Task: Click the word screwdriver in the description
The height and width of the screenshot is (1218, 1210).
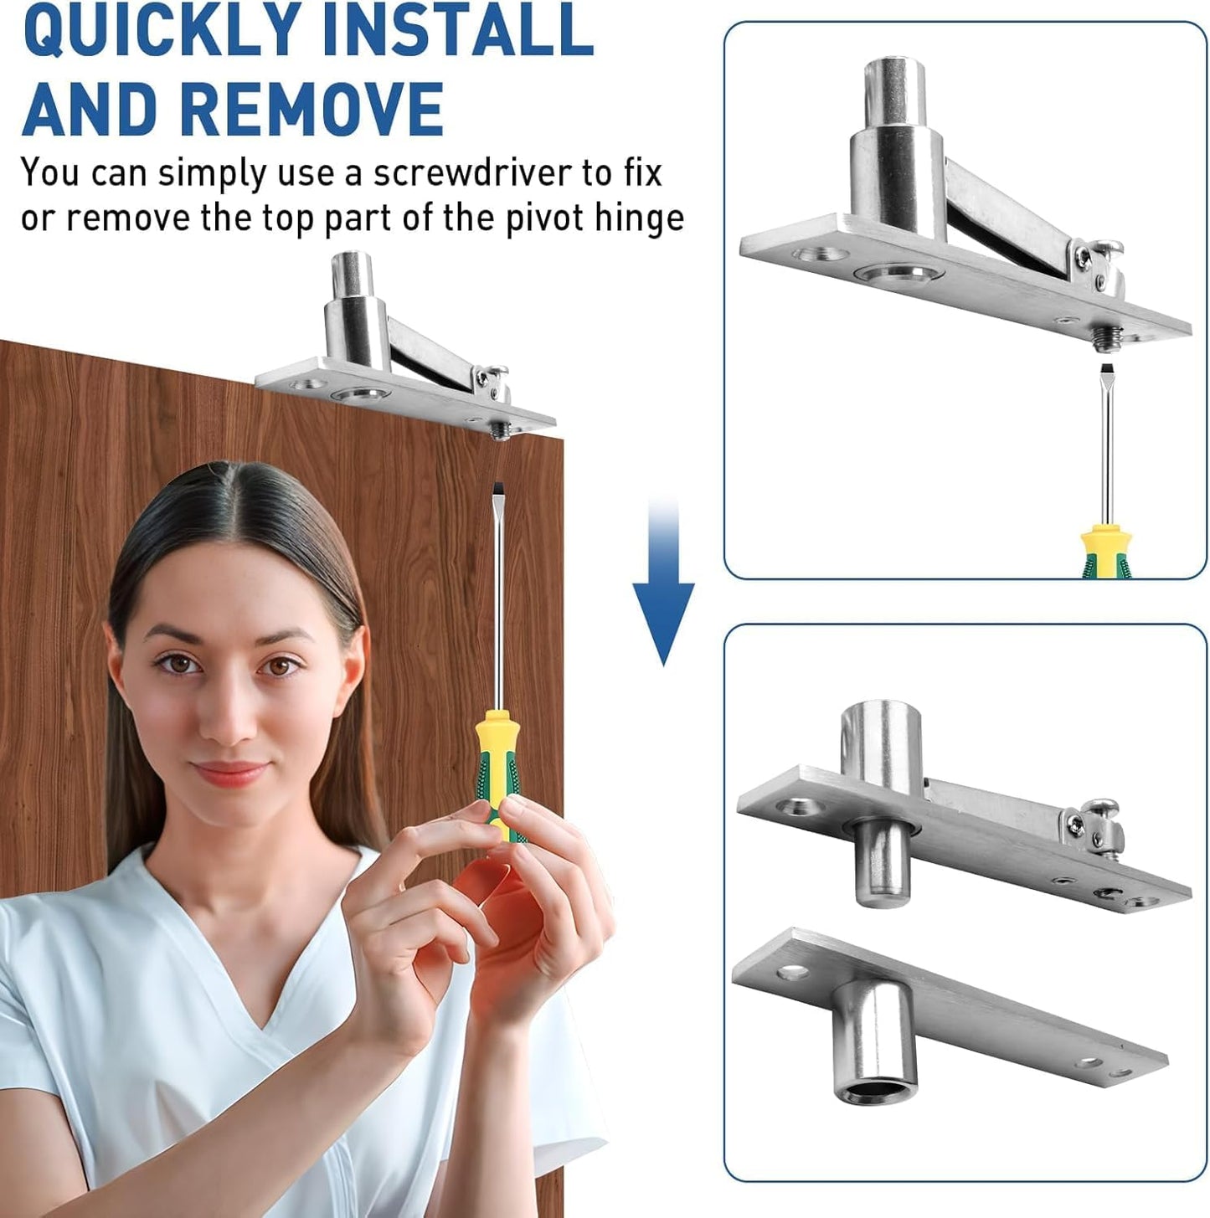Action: tap(472, 173)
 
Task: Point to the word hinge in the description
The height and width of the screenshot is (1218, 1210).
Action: tap(640, 218)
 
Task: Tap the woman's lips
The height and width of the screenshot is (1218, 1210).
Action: tap(229, 772)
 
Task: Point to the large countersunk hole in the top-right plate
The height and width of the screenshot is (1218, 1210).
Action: tap(899, 273)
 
